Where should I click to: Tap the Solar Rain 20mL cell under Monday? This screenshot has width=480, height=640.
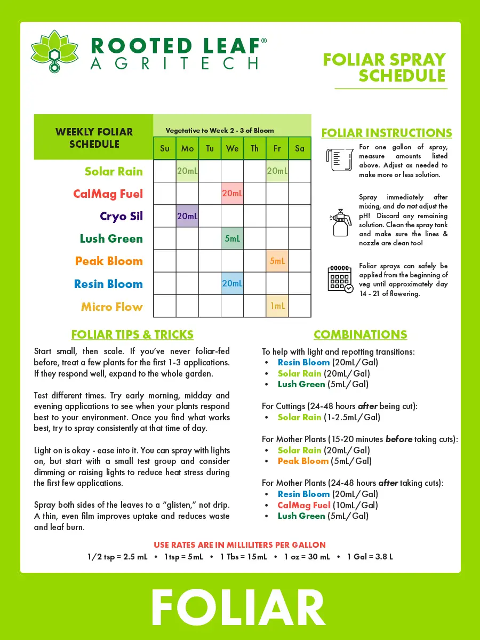[187, 171]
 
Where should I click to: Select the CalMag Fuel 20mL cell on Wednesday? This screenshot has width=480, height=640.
[232, 194]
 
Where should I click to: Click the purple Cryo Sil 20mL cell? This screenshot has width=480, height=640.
[187, 216]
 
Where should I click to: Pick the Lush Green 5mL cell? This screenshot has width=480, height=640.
[232, 238]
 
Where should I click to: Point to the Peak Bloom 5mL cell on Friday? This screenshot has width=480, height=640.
[277, 261]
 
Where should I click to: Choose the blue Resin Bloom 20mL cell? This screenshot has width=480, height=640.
[232, 284]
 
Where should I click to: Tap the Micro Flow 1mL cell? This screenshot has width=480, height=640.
[277, 306]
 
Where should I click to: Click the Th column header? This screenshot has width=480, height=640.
[254, 148]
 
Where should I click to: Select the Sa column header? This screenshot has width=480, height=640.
[300, 148]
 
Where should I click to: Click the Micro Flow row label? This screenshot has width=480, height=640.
[112, 307]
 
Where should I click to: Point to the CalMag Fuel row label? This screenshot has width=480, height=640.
[108, 194]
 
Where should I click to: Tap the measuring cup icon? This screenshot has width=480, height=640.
[339, 159]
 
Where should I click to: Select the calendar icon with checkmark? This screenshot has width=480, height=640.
[340, 279]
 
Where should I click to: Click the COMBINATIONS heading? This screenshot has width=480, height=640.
[360, 334]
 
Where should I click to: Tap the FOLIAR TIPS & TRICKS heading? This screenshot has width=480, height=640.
[132, 334]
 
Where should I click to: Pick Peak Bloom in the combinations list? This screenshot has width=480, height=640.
[303, 461]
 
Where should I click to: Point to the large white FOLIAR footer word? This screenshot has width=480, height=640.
[239, 608]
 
